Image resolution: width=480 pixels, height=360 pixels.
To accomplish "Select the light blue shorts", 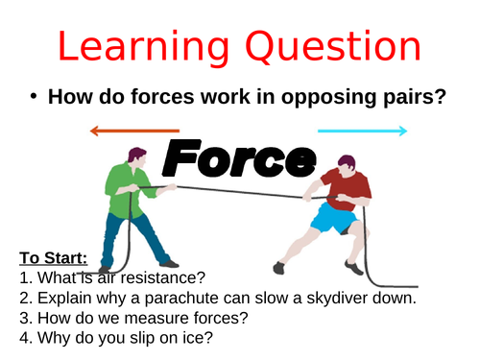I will [334, 220].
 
